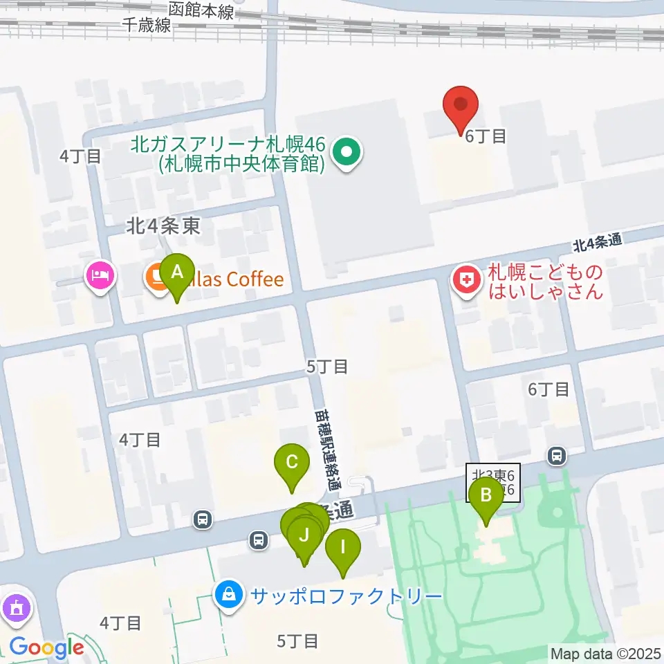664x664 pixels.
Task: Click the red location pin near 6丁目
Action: (461, 106)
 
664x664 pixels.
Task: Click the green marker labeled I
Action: (342, 548)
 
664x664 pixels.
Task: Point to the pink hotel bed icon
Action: (101, 276)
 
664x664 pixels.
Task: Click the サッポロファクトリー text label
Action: (346, 596)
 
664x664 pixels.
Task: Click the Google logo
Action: (46, 647)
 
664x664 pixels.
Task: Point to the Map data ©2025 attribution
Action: (605, 653)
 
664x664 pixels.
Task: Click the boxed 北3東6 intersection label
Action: (493, 482)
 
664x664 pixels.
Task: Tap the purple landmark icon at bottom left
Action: (15, 609)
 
